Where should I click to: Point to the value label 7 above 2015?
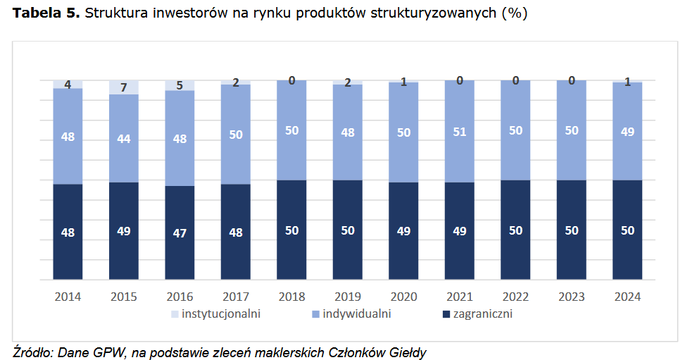[x=124, y=87]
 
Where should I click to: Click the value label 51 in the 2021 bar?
[x=459, y=132]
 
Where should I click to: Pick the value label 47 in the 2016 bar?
[x=180, y=232]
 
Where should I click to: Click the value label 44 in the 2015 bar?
[x=124, y=139]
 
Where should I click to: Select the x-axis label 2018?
[x=291, y=297]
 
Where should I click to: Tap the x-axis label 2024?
[x=627, y=297]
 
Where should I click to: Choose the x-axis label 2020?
[x=403, y=297]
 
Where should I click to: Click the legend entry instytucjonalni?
[x=221, y=314]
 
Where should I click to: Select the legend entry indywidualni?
[x=356, y=314]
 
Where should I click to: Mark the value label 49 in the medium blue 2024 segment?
[x=627, y=132]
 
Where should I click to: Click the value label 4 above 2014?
[x=68, y=85]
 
